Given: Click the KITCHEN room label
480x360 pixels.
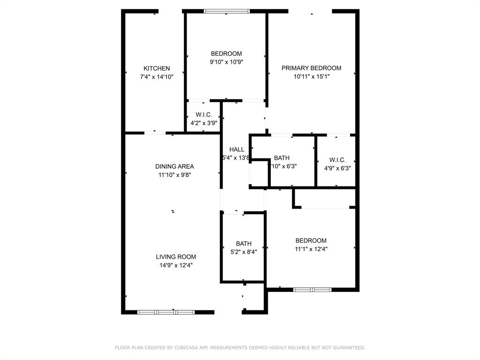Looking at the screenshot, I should pyautogui.click(x=157, y=68).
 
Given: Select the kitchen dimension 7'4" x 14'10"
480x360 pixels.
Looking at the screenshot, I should pyautogui.click(x=157, y=77).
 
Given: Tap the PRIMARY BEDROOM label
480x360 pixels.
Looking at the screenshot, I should pyautogui.click(x=311, y=68).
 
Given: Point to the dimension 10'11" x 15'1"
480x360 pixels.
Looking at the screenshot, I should pyautogui.click(x=311, y=76).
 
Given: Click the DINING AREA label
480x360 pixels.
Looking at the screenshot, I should pyautogui.click(x=174, y=166).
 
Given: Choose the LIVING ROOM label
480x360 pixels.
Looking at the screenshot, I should pyautogui.click(x=176, y=257).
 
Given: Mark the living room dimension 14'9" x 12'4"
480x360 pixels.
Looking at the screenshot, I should pyautogui.click(x=176, y=265).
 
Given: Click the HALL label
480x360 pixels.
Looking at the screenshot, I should pyautogui.click(x=237, y=150).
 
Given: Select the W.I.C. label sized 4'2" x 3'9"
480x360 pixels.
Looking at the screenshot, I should pyautogui.click(x=204, y=115).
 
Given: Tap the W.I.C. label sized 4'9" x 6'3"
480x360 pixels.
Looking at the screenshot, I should pyautogui.click(x=337, y=160).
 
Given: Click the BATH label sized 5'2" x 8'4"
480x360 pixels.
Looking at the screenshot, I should pyautogui.click(x=244, y=244).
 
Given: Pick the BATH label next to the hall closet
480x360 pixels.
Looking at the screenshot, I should pyautogui.click(x=282, y=158).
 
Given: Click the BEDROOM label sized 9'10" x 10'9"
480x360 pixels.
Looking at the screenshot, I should pyautogui.click(x=226, y=53).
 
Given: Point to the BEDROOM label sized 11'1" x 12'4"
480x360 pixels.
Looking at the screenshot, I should pyautogui.click(x=311, y=241).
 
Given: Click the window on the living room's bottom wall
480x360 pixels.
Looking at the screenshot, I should pyautogui.click(x=166, y=312).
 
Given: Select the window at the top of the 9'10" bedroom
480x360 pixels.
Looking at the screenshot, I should pyautogui.click(x=227, y=11).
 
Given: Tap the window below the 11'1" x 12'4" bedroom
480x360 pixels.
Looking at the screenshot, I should pyautogui.click(x=312, y=290).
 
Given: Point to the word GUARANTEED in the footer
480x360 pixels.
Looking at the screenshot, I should pyautogui.click(x=348, y=348).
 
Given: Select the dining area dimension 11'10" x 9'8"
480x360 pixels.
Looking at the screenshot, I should pyautogui.click(x=174, y=175).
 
